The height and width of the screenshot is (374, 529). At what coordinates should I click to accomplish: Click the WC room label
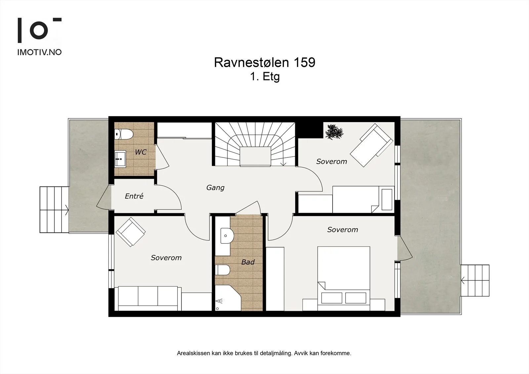(141, 152)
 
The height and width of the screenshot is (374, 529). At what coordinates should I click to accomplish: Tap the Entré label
(134, 196)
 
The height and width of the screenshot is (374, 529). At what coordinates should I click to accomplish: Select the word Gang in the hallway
(215, 187)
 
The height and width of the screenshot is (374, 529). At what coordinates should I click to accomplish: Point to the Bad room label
(248, 262)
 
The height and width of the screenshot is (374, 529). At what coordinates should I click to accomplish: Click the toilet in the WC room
(124, 135)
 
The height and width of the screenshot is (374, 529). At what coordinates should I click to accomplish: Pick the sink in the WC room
(120, 159)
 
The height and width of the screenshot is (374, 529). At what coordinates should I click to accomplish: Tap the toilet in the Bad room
(223, 270)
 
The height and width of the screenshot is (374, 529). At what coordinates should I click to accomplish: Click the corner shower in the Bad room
(228, 298)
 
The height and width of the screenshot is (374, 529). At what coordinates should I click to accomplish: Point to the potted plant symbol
(334, 132)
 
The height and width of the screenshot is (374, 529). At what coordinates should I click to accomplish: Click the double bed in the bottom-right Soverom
(344, 278)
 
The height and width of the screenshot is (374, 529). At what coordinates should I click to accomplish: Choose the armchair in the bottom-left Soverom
(131, 232)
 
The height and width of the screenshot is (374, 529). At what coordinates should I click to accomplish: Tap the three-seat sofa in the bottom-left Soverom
(148, 298)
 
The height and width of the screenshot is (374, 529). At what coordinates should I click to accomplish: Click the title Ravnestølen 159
(264, 62)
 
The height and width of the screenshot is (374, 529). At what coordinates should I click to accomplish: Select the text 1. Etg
(265, 77)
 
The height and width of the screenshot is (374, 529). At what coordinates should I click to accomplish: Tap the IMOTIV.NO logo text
(39, 52)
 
